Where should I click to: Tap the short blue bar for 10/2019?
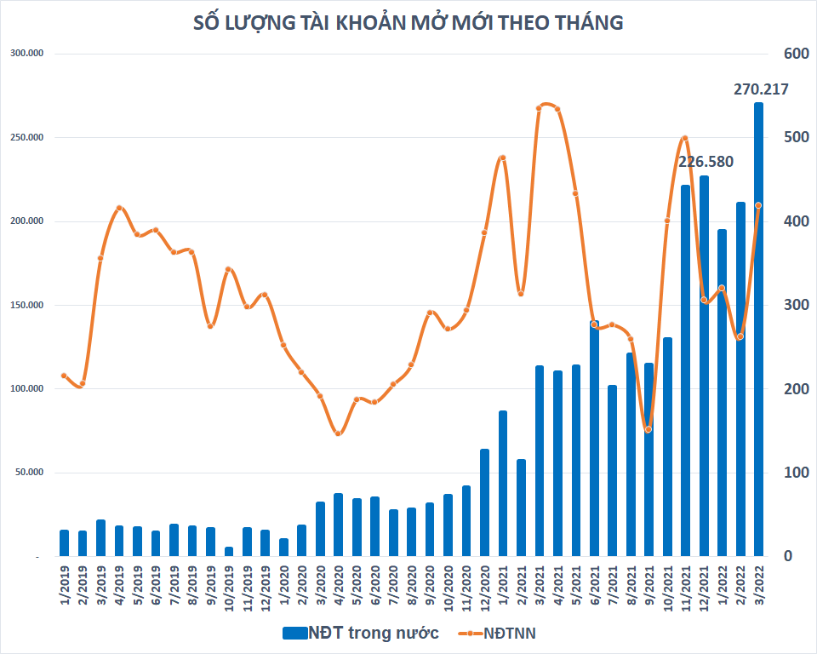pyautogui.click(x=229, y=552)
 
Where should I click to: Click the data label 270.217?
pyautogui.click(x=761, y=89)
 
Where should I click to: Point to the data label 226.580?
pyautogui.click(x=706, y=162)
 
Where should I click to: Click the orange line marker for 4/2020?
pyautogui.click(x=338, y=433)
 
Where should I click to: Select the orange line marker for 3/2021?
pyautogui.click(x=539, y=107)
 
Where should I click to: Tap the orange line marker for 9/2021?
pyautogui.click(x=648, y=429)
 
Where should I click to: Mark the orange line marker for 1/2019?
pyautogui.click(x=64, y=376)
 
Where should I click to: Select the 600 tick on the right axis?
pyautogui.click(x=795, y=54)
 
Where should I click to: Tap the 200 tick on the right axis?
pyautogui.click(x=795, y=389)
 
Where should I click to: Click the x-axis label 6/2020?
pyautogui.click(x=374, y=587)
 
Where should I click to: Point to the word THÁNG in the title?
pyautogui.click(x=586, y=24)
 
